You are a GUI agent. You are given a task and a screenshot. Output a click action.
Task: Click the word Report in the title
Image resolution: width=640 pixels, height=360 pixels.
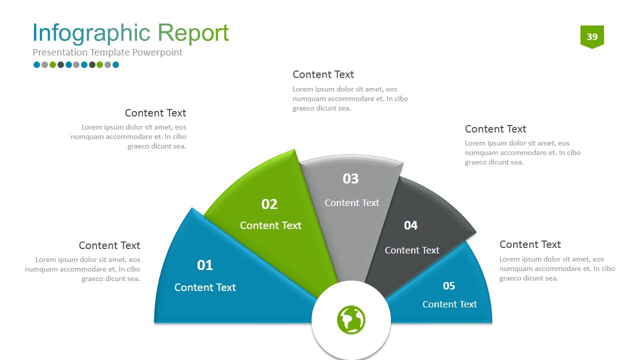193,33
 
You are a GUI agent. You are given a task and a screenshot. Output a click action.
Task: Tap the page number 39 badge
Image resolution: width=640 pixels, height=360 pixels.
592,36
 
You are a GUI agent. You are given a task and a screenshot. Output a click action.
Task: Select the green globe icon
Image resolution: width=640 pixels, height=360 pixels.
351,319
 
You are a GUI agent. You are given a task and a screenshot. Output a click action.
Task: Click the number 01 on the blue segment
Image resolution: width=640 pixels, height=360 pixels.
205,265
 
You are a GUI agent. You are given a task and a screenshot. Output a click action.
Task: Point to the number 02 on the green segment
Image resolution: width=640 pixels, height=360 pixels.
269,204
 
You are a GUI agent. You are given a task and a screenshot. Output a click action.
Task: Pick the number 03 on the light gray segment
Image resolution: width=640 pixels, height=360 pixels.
350,178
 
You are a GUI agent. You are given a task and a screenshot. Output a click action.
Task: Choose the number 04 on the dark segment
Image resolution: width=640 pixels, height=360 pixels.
410,225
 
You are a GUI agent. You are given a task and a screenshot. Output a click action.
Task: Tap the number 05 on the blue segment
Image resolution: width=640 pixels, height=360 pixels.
449,285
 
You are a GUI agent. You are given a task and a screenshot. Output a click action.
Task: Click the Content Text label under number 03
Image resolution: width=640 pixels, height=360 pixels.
352,202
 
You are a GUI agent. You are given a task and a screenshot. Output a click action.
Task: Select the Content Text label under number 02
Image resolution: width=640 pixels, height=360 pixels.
270,225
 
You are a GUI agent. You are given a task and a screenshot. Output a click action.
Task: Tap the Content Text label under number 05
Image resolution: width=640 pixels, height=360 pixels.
449,304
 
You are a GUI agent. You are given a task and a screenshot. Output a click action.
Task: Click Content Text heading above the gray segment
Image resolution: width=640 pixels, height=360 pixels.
323,74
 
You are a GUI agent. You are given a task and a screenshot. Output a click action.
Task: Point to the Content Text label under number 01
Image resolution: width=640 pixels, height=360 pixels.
205,287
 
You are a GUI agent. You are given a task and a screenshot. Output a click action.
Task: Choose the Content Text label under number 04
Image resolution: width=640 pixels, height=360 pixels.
412,250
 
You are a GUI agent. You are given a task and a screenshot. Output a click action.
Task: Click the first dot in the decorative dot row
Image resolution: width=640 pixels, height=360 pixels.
36,64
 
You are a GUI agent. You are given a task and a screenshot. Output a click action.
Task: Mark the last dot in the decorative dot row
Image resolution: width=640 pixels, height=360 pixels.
115,64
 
